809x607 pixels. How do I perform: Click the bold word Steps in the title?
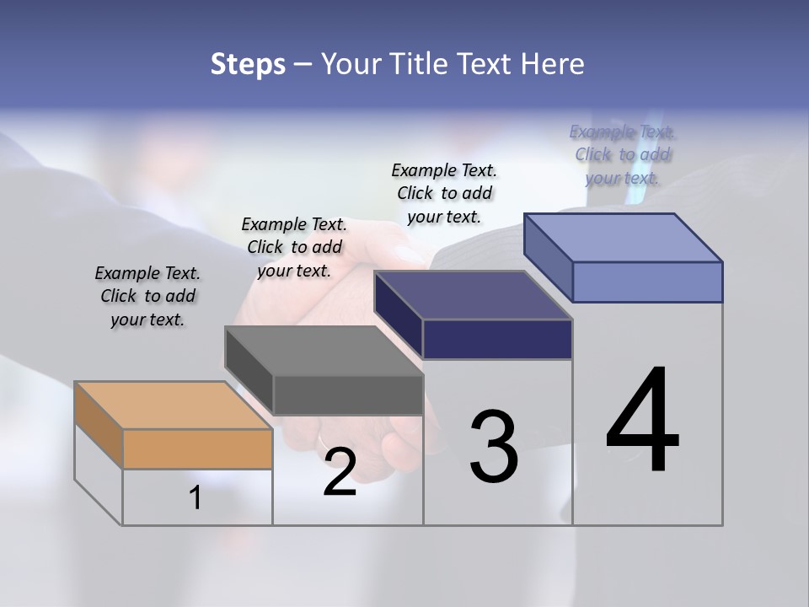click(x=248, y=64)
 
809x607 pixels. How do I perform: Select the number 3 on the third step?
click(x=493, y=446)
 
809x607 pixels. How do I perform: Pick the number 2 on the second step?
click(x=340, y=472)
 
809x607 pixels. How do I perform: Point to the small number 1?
click(x=196, y=497)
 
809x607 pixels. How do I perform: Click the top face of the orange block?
click(x=174, y=405)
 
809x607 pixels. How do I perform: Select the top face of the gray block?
click(x=324, y=351)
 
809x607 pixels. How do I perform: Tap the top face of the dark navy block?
click(x=474, y=295)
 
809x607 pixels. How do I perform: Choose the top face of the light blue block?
click(x=624, y=237)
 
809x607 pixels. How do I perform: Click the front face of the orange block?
click(x=197, y=449)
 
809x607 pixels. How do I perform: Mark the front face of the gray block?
click(x=348, y=395)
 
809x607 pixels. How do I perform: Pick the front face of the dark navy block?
click(x=497, y=339)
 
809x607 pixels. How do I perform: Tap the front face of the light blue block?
click(x=647, y=282)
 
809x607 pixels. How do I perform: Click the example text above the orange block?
click(x=147, y=296)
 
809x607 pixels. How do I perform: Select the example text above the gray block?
click(x=294, y=247)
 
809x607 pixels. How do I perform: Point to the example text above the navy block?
click(x=444, y=193)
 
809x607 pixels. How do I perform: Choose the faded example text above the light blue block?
click(x=622, y=154)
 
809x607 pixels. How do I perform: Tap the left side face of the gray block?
click(x=249, y=371)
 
